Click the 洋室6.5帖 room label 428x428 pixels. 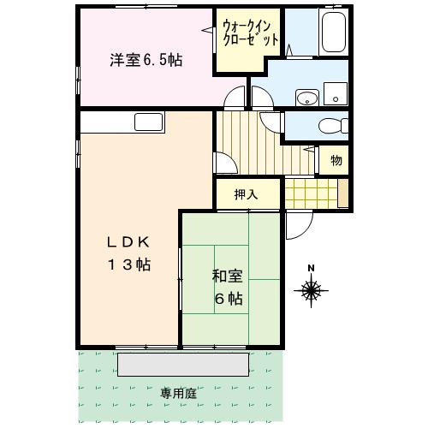click(x=146, y=61)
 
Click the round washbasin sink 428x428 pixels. click(x=305, y=98)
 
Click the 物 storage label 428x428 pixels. click(x=336, y=160)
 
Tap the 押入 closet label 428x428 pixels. click(x=247, y=194)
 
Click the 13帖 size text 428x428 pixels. click(x=128, y=265)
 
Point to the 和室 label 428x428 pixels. click(x=228, y=276)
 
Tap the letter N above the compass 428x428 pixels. click(x=312, y=269)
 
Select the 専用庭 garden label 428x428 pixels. click(x=178, y=394)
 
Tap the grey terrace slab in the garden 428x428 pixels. click(x=184, y=364)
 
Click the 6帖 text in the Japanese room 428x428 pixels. click(x=228, y=299)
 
